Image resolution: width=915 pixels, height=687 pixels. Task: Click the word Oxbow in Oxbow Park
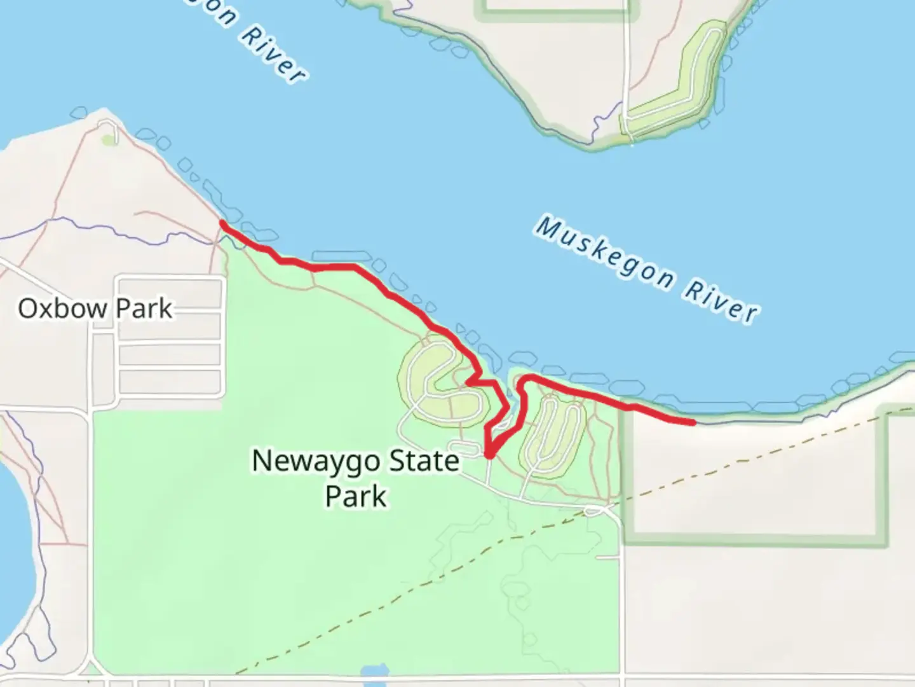[62, 309]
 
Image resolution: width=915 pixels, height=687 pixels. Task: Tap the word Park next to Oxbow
[144, 309]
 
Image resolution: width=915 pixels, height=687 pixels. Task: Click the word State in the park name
[424, 461]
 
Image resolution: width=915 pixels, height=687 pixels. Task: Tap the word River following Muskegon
[721, 300]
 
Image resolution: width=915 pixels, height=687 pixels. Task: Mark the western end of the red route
[222, 223]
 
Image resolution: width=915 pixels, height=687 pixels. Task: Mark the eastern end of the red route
[692, 421]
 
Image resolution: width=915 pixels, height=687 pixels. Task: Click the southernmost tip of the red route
[489, 455]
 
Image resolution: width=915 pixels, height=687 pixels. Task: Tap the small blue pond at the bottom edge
[374, 672]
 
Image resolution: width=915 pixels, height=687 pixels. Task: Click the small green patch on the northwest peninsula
[110, 140]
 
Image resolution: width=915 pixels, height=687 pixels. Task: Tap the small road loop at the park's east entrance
[595, 510]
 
